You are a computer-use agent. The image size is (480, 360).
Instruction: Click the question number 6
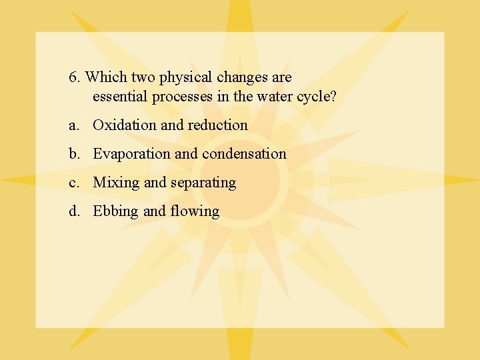(74, 77)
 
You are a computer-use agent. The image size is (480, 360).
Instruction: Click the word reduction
(217, 125)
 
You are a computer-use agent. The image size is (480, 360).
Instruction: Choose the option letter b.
(73, 154)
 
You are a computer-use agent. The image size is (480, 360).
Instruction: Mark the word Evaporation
(131, 155)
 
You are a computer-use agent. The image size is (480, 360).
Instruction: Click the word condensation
(244, 154)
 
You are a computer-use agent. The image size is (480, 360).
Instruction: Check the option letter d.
(73, 211)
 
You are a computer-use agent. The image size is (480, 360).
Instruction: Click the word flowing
(194, 211)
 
